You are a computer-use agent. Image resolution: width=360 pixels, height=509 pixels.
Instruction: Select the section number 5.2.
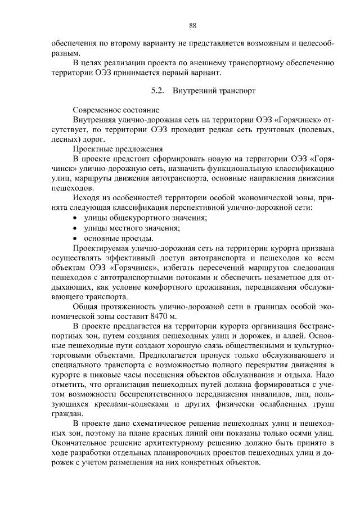[x=158, y=89]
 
